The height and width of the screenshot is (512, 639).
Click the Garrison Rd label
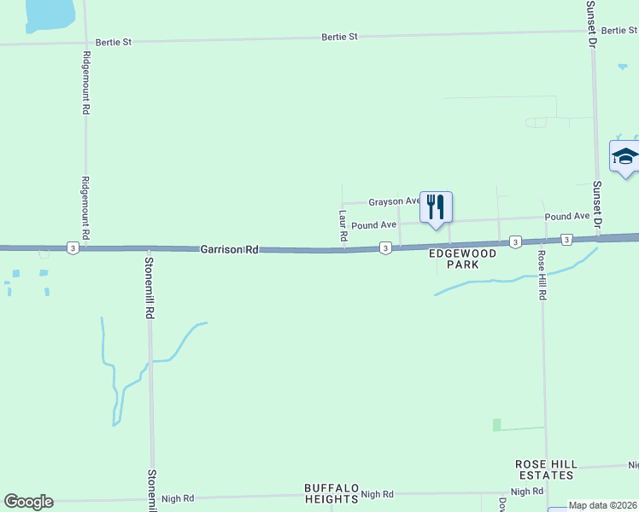[x=229, y=249]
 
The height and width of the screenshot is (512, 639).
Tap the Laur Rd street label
[x=343, y=226]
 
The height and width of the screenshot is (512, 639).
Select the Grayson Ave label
[x=394, y=202]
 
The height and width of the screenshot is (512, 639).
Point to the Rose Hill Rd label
[x=542, y=275]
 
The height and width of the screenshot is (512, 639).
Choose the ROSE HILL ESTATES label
[x=546, y=469]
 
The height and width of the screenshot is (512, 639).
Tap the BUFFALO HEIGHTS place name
[x=331, y=493]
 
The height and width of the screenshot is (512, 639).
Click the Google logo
[x=28, y=502]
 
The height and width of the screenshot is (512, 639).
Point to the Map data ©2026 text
[x=603, y=505]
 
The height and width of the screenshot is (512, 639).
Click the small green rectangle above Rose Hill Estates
[x=496, y=424]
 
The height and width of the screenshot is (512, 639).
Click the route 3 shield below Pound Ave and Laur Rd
[x=386, y=248]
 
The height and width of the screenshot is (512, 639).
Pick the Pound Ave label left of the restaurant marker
[x=373, y=225]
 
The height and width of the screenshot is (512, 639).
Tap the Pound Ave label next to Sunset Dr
[x=567, y=217]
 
